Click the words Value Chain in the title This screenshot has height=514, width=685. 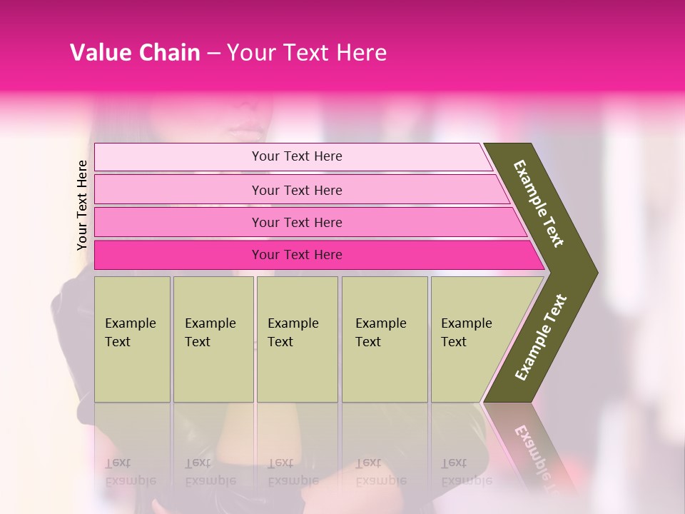coord(135,53)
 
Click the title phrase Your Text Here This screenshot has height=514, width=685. coord(307,53)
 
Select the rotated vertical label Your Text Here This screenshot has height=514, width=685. coord(82,206)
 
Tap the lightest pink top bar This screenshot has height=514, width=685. coord(178,157)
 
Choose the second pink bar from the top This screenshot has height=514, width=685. coord(178,190)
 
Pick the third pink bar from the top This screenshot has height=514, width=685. coord(178,222)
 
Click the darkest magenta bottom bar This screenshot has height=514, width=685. coord(178,255)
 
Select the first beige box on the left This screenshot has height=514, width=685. coord(133,339)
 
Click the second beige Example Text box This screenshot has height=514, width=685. coord(213,339)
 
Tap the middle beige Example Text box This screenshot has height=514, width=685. coord(297,339)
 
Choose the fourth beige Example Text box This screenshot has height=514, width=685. coord(385,339)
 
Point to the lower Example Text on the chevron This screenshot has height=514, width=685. coord(541,337)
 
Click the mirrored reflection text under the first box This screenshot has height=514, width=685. coord(130,472)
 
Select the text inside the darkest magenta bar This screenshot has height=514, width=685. coord(297,255)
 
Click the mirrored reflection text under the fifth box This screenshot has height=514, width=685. coord(466,472)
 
